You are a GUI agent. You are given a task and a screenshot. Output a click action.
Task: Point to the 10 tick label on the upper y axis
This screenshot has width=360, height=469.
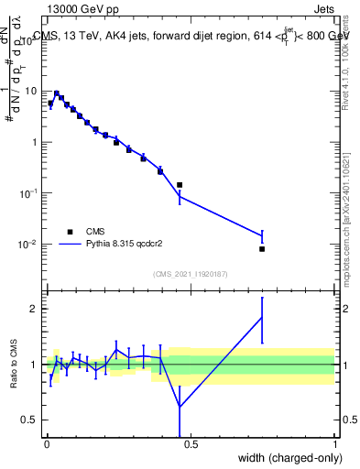click(x=30, y=92)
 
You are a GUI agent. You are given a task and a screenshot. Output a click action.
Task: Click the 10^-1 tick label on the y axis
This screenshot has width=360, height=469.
click(x=29, y=193)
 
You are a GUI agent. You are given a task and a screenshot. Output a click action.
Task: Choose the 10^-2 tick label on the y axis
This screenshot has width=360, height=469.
click(x=29, y=245)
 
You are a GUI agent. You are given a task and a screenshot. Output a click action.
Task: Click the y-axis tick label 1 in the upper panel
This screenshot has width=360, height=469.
click(x=35, y=143)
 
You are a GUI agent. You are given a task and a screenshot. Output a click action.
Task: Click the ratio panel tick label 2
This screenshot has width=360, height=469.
click(x=35, y=309)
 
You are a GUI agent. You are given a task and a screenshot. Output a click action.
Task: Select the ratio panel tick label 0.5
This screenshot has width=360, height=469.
click(x=30, y=420)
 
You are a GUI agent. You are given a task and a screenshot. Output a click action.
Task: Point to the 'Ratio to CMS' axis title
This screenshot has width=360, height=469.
click(x=14, y=364)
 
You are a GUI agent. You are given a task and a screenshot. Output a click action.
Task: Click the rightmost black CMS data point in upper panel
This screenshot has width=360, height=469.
click(x=262, y=248)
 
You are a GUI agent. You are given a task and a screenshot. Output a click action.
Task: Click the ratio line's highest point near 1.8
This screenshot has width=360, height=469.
click(x=262, y=317)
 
